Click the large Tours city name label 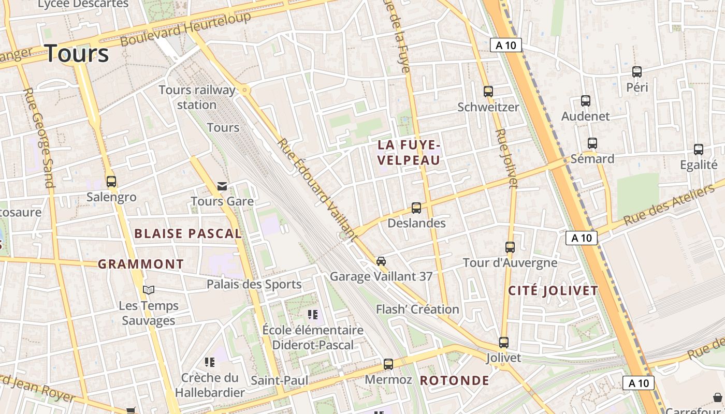pyautogui.click(x=77, y=54)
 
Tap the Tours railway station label pyautogui.click(x=197, y=97)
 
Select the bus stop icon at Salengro pyautogui.click(x=111, y=182)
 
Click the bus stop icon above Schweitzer pyautogui.click(x=488, y=92)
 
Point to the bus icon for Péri pyautogui.click(x=637, y=72)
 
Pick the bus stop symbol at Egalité pyautogui.click(x=698, y=150)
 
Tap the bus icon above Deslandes pyautogui.click(x=416, y=208)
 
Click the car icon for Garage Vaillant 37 pyautogui.click(x=381, y=261)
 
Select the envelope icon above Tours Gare pyautogui.click(x=222, y=186)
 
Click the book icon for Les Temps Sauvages pyautogui.click(x=149, y=290)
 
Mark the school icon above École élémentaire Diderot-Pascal pyautogui.click(x=312, y=315)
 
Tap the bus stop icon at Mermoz pyautogui.click(x=388, y=364)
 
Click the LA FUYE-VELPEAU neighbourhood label pyautogui.click(x=409, y=152)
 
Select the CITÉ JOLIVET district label pyautogui.click(x=553, y=290)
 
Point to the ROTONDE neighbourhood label pyautogui.click(x=454, y=380)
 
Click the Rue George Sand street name pyautogui.click(x=39, y=138)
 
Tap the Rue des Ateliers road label pyautogui.click(x=669, y=206)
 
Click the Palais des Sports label pyautogui.click(x=254, y=284)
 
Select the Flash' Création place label pyautogui.click(x=417, y=309)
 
